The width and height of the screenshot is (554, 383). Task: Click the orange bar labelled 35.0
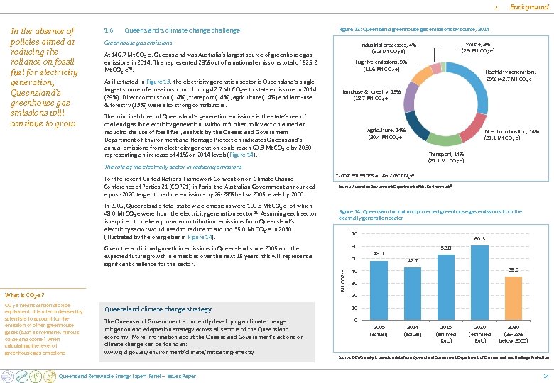[513, 298]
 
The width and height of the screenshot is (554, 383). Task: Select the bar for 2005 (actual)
[379, 291]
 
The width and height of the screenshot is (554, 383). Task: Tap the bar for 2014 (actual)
[413, 294]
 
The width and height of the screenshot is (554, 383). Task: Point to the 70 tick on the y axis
[354, 235]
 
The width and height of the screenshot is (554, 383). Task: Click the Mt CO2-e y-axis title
[342, 277]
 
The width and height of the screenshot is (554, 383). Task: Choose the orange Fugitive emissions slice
[422, 74]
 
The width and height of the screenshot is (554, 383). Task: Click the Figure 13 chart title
[414, 30]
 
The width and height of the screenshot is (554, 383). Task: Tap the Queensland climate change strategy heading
[158, 309]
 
